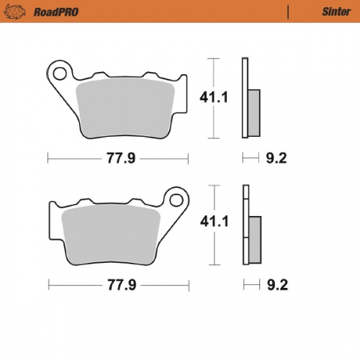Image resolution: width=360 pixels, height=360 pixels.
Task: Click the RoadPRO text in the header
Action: [56, 12]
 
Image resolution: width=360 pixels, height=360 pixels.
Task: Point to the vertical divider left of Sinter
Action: [288, 12]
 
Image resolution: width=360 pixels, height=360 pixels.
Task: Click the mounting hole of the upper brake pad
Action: [60, 71]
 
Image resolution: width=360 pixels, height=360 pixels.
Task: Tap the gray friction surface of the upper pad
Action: [127, 108]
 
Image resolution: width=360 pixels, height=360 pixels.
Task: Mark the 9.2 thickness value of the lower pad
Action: [276, 285]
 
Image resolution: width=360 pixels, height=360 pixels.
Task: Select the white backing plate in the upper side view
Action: [245, 97]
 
